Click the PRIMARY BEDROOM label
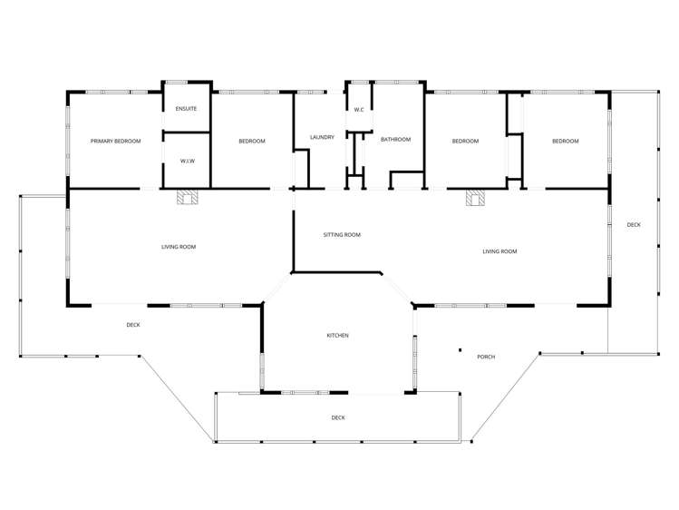[115, 142]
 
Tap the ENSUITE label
[186, 109]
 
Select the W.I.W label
[187, 162]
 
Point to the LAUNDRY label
[322, 138]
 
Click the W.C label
[359, 110]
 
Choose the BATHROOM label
[395, 140]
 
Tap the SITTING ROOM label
[342, 235]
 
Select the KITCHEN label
[337, 336]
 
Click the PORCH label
[486, 357]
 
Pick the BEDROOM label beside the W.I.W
[252, 142]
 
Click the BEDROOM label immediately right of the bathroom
[465, 142]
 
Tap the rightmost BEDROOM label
[565, 142]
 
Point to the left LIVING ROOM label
[179, 247]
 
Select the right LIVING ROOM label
[500, 251]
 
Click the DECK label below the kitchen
[337, 417]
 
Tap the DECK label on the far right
[633, 224]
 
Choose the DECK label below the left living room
[133, 325]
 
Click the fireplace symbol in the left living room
[186, 198]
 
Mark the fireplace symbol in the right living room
[474, 198]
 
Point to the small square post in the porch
[460, 350]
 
